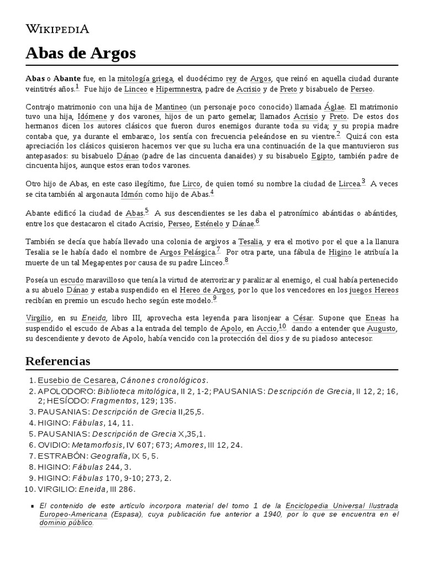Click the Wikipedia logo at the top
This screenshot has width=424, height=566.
point(57,29)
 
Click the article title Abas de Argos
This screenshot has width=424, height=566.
point(81,54)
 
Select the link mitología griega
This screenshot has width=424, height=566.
point(145,78)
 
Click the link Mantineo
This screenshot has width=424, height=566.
point(171,107)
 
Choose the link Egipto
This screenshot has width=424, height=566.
point(322,156)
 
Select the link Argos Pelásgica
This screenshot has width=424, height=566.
point(187,252)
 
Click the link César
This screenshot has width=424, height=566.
point(303,318)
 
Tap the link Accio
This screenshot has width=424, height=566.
point(267,328)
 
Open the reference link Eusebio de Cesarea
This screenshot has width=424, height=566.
point(77,380)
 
